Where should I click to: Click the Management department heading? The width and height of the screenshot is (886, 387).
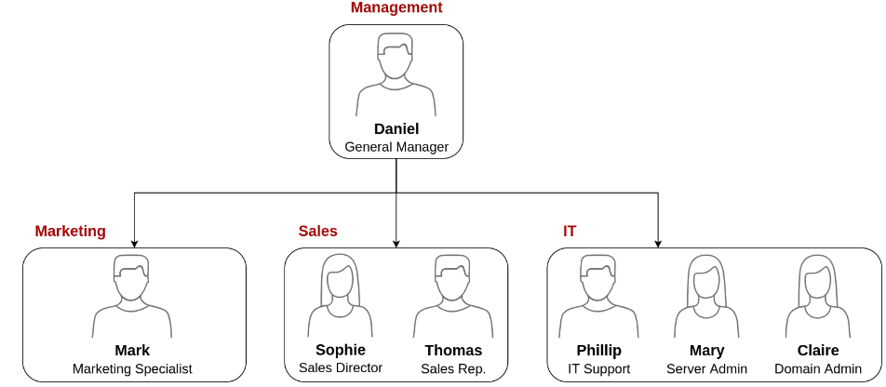coord(396,8)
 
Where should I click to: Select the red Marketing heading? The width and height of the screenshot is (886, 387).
coord(71,232)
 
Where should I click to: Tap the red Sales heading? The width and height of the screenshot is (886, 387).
coord(317,232)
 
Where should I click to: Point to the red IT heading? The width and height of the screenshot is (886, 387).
coord(570,232)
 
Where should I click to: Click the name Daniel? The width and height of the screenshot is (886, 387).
coord(396,129)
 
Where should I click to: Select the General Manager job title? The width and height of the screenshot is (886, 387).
coord(396,147)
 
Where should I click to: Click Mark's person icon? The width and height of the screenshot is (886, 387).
coord(132,296)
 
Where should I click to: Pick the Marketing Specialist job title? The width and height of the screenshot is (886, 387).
coord(132,369)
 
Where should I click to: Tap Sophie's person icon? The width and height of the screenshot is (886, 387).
coord(341,296)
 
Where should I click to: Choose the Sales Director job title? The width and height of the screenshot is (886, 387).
coord(341,368)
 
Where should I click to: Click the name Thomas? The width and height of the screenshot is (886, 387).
coord(453,351)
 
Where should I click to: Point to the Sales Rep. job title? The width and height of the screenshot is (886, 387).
coord(453,369)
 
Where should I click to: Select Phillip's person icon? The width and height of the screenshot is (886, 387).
coord(598,296)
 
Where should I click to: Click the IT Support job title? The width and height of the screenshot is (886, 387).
coord(598,369)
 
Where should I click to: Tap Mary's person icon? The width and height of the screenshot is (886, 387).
coord(706,296)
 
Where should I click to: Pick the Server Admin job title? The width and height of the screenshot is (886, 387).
coord(706,369)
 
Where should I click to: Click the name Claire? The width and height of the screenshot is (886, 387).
coord(818,351)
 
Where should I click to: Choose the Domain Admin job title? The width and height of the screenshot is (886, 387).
coord(818,369)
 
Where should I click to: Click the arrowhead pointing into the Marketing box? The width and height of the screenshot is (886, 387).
coord(135,243)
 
